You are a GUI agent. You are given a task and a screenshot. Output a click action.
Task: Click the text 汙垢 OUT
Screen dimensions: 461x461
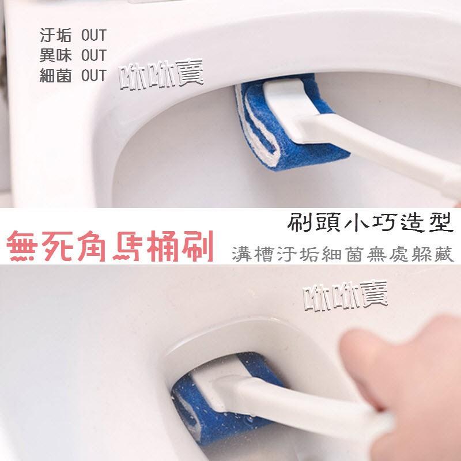point(73,36)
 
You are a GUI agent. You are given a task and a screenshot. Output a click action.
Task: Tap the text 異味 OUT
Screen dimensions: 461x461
point(73,55)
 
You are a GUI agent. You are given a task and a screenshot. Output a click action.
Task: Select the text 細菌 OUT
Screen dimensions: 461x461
point(73,75)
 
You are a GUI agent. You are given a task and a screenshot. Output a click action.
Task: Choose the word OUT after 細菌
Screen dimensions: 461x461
point(94,75)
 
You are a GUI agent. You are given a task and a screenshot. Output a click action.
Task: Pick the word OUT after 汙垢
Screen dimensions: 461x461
point(94,36)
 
